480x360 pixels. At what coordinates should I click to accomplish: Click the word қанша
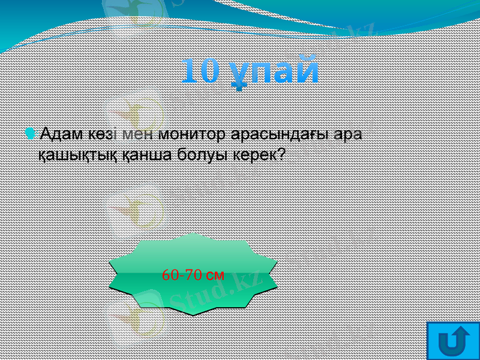[133, 155]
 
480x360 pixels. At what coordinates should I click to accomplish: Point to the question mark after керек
[280, 154]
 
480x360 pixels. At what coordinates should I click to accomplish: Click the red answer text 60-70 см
[193, 275]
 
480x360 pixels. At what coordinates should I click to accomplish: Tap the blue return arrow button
[454, 341]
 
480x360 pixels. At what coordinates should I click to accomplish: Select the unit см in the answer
[215, 276]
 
